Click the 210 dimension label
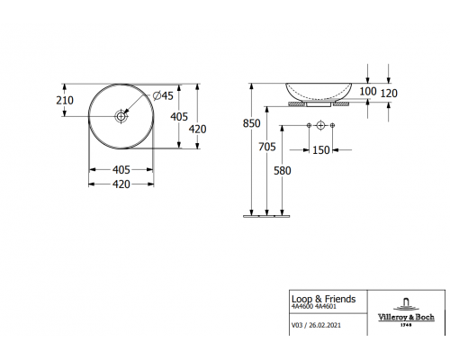coord(65,101)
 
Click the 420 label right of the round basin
coord(198,129)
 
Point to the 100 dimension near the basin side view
coord(369,92)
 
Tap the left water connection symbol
coord(309,123)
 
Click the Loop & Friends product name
coord(323,298)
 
